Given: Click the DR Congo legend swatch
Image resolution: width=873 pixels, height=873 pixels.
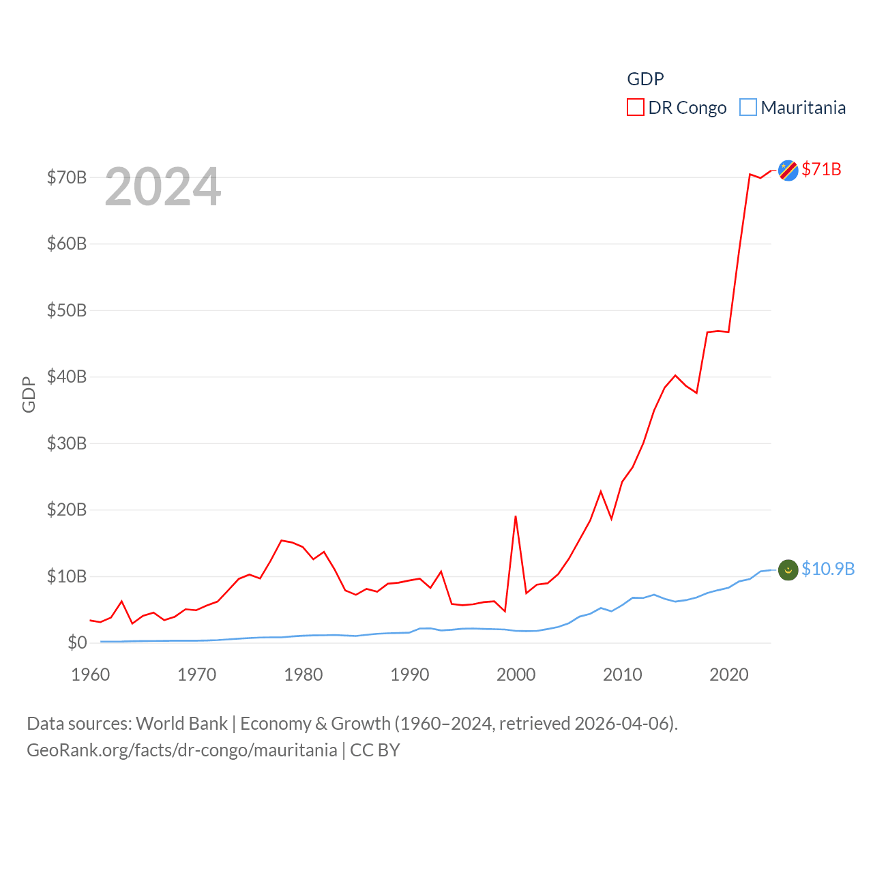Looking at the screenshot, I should pos(636,108).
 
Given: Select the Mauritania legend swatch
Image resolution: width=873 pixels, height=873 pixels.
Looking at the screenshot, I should pos(748,108).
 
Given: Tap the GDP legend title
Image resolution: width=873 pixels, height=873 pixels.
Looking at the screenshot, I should pos(645,79).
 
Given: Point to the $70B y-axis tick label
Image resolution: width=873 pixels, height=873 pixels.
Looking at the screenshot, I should pos(67,177).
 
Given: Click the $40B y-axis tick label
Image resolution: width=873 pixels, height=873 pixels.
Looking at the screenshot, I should pos(67,376).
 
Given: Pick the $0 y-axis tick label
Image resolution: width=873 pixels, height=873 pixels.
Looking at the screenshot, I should pos(77,642).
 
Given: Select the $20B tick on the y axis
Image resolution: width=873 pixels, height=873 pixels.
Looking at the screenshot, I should pos(67,509).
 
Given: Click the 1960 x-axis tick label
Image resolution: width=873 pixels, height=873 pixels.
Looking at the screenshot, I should pos(91,675).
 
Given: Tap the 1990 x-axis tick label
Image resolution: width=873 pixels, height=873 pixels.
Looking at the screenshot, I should pos(410,675).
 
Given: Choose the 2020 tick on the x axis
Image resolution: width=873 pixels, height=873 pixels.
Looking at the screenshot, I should pos(729,675).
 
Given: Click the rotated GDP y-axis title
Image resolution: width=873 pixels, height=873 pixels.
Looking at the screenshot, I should pos(29,394).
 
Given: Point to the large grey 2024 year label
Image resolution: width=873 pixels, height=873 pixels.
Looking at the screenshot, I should pos(163,186).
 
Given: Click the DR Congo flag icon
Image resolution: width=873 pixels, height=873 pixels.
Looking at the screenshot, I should pos(788,171).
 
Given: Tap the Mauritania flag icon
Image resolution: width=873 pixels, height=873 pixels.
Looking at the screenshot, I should pos(788,569).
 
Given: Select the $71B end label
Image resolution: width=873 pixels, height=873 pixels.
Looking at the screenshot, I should pos(821,169).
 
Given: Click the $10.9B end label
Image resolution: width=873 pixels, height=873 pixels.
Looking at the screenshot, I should pos(828,569).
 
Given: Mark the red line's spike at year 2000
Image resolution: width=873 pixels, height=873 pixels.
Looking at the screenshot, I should pos(516,516).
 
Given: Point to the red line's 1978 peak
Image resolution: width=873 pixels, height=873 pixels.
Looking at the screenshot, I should pos(282,540).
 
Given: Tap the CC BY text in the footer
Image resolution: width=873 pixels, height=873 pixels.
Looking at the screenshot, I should pos(375,750).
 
